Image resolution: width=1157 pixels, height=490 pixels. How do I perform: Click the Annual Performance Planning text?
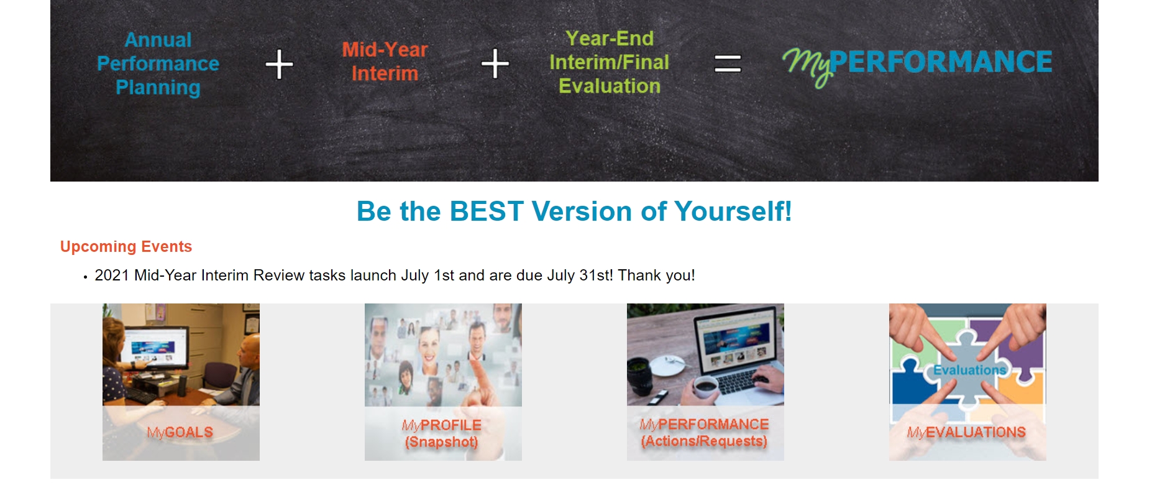(x=158, y=63)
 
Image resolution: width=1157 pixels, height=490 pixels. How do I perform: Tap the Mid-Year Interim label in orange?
(x=385, y=62)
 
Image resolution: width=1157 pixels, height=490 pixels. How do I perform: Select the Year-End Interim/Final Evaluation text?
(x=609, y=62)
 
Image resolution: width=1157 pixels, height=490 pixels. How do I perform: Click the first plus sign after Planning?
(x=279, y=64)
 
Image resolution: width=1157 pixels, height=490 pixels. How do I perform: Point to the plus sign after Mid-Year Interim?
(x=495, y=63)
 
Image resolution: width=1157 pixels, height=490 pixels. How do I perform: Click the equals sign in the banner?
(x=727, y=63)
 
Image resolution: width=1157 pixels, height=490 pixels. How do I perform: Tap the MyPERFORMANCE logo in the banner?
(x=917, y=63)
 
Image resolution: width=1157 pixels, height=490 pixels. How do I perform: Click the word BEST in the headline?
(x=487, y=211)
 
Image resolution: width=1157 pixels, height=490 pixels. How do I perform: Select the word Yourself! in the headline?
(x=733, y=211)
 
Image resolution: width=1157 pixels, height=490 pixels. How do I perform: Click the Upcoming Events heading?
(x=126, y=247)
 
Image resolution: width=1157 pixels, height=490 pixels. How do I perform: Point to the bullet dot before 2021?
(x=85, y=277)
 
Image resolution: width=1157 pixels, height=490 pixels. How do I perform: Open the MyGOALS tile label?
(x=180, y=432)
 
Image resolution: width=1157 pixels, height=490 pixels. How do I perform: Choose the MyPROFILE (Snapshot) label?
(x=442, y=433)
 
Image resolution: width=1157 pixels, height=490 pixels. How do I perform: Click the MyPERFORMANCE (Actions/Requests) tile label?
(x=704, y=433)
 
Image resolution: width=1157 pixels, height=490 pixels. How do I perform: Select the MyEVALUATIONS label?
(x=966, y=432)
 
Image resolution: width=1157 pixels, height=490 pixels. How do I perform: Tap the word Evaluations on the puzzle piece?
(x=969, y=370)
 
